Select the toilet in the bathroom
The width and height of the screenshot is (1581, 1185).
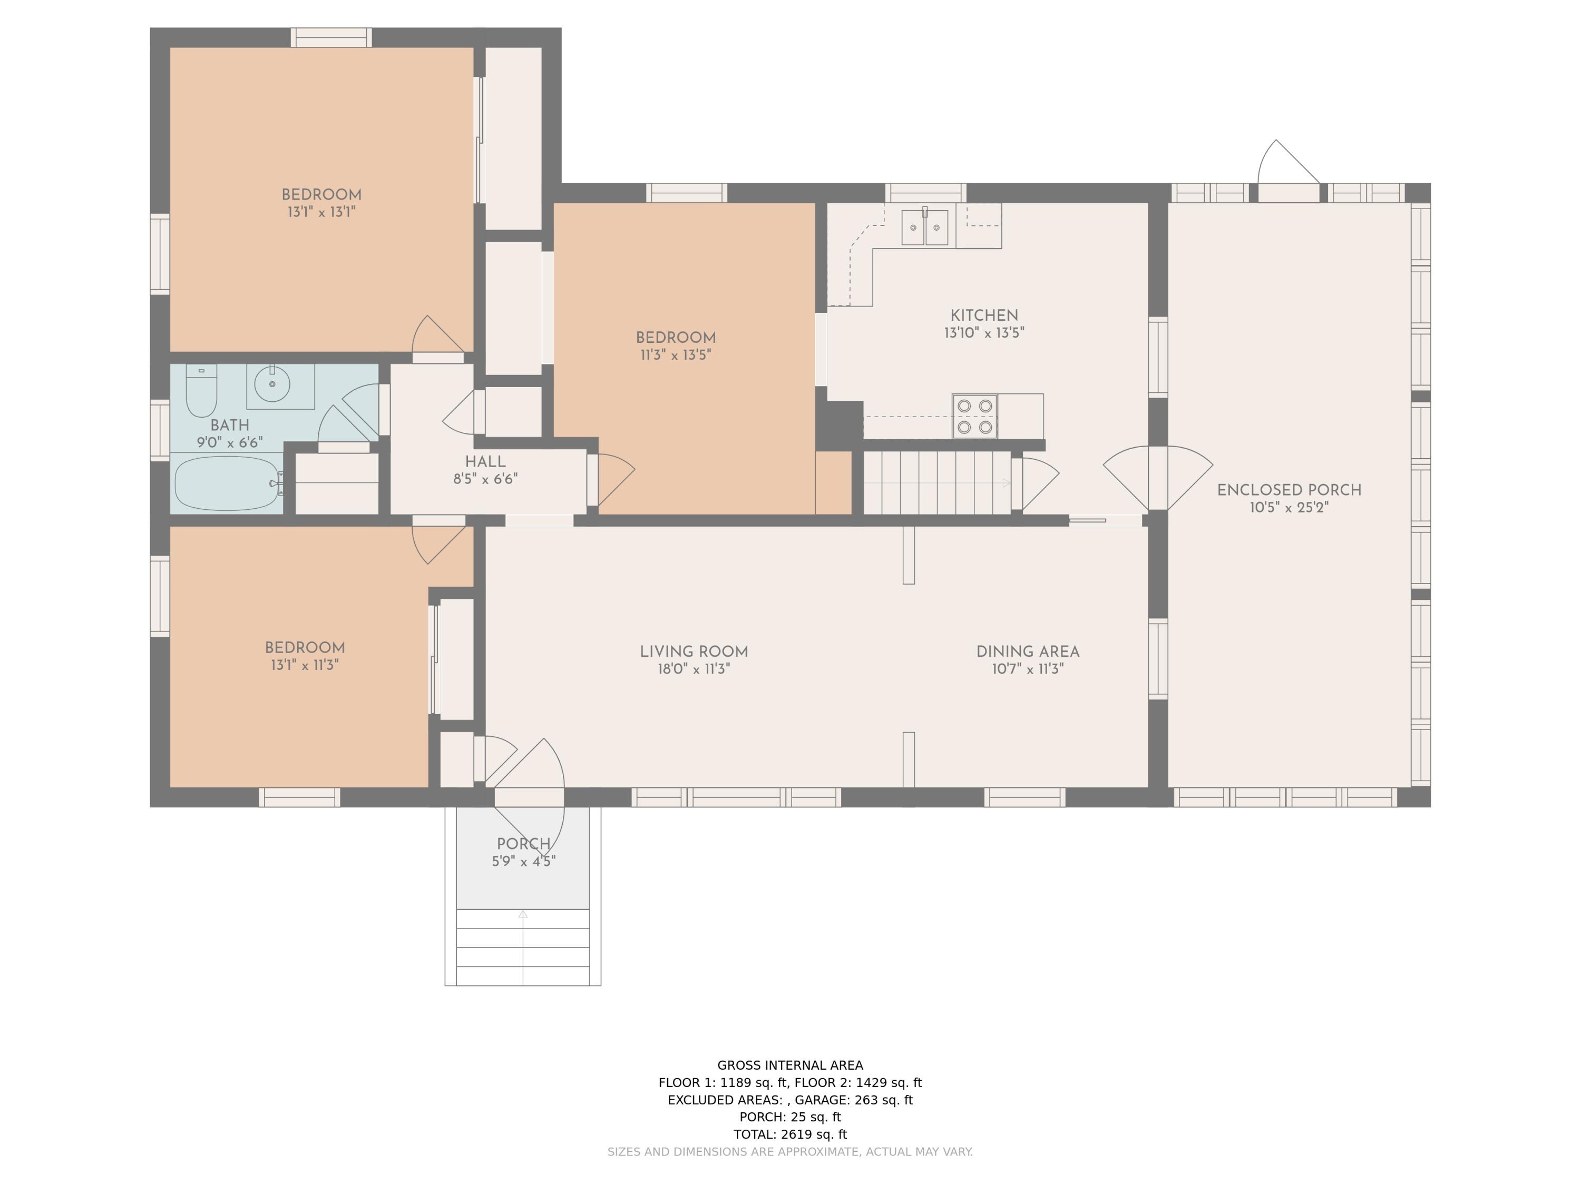click(x=201, y=390)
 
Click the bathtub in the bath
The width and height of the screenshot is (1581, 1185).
click(x=227, y=483)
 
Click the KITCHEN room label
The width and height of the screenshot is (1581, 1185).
click(x=984, y=315)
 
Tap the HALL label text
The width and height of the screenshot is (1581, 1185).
click(x=485, y=461)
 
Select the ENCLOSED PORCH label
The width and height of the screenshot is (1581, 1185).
click(x=1290, y=490)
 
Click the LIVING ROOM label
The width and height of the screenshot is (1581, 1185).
click(x=694, y=651)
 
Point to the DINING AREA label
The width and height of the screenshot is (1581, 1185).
click(x=1028, y=651)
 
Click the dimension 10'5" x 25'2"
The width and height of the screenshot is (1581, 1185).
click(x=1290, y=507)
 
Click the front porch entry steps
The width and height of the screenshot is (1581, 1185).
click(x=523, y=947)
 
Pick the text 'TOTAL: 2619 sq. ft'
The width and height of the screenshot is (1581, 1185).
click(x=790, y=1134)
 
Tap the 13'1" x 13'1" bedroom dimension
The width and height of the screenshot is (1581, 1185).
click(x=321, y=211)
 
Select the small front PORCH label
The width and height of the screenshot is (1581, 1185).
click(x=524, y=844)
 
